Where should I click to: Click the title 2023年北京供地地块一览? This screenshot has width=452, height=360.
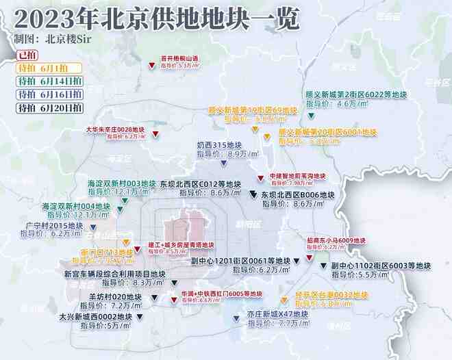click(158, 18)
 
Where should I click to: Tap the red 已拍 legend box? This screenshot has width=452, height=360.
click(28, 54)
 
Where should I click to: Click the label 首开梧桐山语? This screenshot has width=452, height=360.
click(179, 58)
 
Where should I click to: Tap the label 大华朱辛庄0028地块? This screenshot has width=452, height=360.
click(114, 129)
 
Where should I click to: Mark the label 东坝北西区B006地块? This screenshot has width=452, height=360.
click(297, 195)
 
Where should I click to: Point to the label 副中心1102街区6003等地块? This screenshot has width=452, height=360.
click(381, 266)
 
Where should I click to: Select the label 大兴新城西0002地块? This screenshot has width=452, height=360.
click(95, 318)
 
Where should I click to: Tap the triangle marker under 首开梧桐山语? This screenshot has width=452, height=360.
click(152, 66)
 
